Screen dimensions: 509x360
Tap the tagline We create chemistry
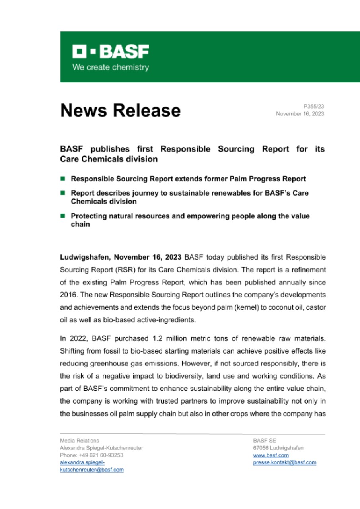(110, 67)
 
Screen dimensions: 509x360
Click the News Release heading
(120, 110)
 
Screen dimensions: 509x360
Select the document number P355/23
(314, 107)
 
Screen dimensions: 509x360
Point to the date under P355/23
(300, 114)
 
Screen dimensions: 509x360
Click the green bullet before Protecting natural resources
(63, 216)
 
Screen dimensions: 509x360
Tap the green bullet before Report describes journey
(63, 193)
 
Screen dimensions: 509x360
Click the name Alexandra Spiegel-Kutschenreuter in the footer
(101, 448)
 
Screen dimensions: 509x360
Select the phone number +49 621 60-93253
(101, 455)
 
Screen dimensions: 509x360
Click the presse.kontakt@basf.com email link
(284, 462)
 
